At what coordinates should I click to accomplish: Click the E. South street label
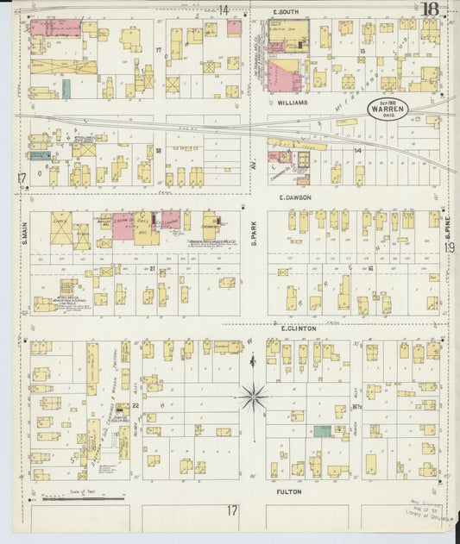pos(286,12)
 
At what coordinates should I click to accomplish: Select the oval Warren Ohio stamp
pos(385,109)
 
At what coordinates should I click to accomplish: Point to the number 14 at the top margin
pos(224,10)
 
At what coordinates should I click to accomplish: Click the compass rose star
pos(254,397)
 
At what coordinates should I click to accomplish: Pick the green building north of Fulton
pos(321,430)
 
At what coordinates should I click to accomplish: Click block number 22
pos(135,404)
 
